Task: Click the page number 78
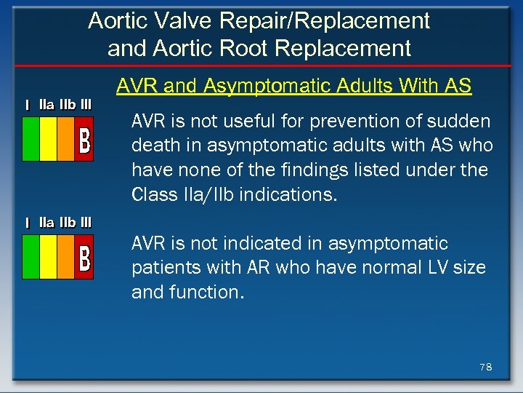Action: [485, 368]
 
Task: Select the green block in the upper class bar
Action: [31, 138]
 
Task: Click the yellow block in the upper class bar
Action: [48, 138]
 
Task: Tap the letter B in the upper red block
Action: [84, 140]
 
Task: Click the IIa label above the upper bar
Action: [46, 104]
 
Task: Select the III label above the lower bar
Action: [86, 222]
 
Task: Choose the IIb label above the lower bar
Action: [67, 222]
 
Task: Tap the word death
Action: [153, 146]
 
